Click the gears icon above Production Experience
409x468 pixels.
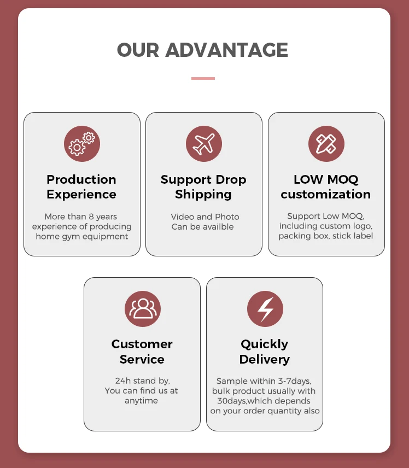point(82,143)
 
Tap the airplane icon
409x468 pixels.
point(203,143)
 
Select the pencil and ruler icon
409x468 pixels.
point(326,143)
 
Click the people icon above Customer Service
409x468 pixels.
point(142,308)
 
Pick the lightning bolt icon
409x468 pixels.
point(265,308)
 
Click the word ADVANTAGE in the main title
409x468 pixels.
point(226,50)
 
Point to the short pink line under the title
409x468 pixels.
point(203,78)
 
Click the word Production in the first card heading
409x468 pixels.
point(81,179)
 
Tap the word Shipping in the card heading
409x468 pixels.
point(203,194)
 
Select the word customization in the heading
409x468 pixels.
point(326,194)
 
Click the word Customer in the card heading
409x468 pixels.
point(142,344)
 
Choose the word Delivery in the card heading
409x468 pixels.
point(265,359)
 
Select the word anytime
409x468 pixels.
point(141,400)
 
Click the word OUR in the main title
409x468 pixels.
point(138,50)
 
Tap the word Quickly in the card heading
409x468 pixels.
point(265,344)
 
